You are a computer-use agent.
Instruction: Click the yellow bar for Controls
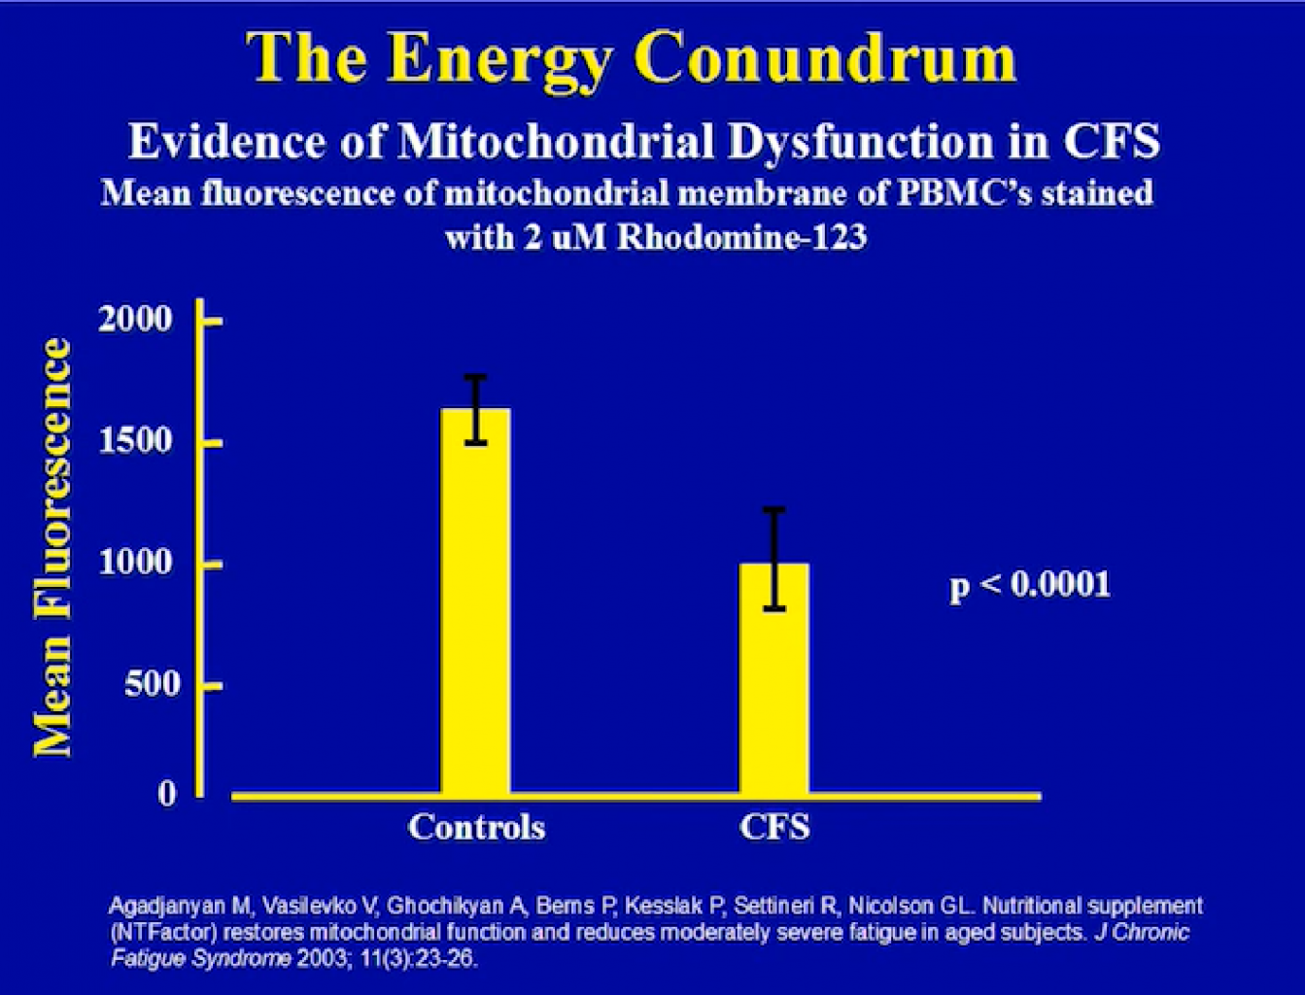pyautogui.click(x=475, y=600)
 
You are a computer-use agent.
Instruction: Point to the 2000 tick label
pyautogui.click(x=136, y=319)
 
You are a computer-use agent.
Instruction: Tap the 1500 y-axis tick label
pyautogui.click(x=136, y=441)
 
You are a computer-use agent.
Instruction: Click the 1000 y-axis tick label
pyautogui.click(x=136, y=563)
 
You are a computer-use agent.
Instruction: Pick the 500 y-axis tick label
pyautogui.click(x=152, y=684)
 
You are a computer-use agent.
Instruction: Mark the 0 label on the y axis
pyautogui.click(x=168, y=794)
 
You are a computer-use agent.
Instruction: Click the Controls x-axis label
pyautogui.click(x=476, y=827)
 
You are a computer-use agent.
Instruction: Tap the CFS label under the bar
pyautogui.click(x=774, y=827)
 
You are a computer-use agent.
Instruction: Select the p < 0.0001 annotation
pyautogui.click(x=1030, y=584)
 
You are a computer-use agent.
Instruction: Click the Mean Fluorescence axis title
pyautogui.click(x=52, y=548)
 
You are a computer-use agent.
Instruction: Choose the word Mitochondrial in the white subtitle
pyautogui.click(x=556, y=142)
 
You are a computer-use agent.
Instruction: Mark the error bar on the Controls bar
pyautogui.click(x=475, y=409)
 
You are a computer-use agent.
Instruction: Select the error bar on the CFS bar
pyautogui.click(x=774, y=559)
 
